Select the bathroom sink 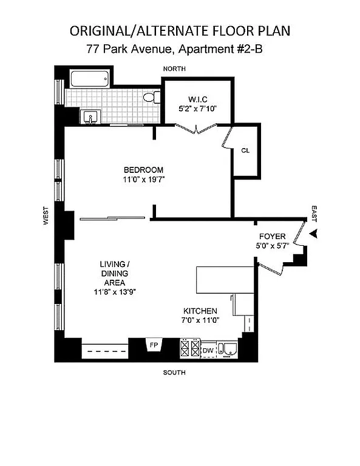coord(92,116)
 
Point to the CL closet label coord(245,150)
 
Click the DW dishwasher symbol coord(208,350)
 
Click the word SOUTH coord(174,372)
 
